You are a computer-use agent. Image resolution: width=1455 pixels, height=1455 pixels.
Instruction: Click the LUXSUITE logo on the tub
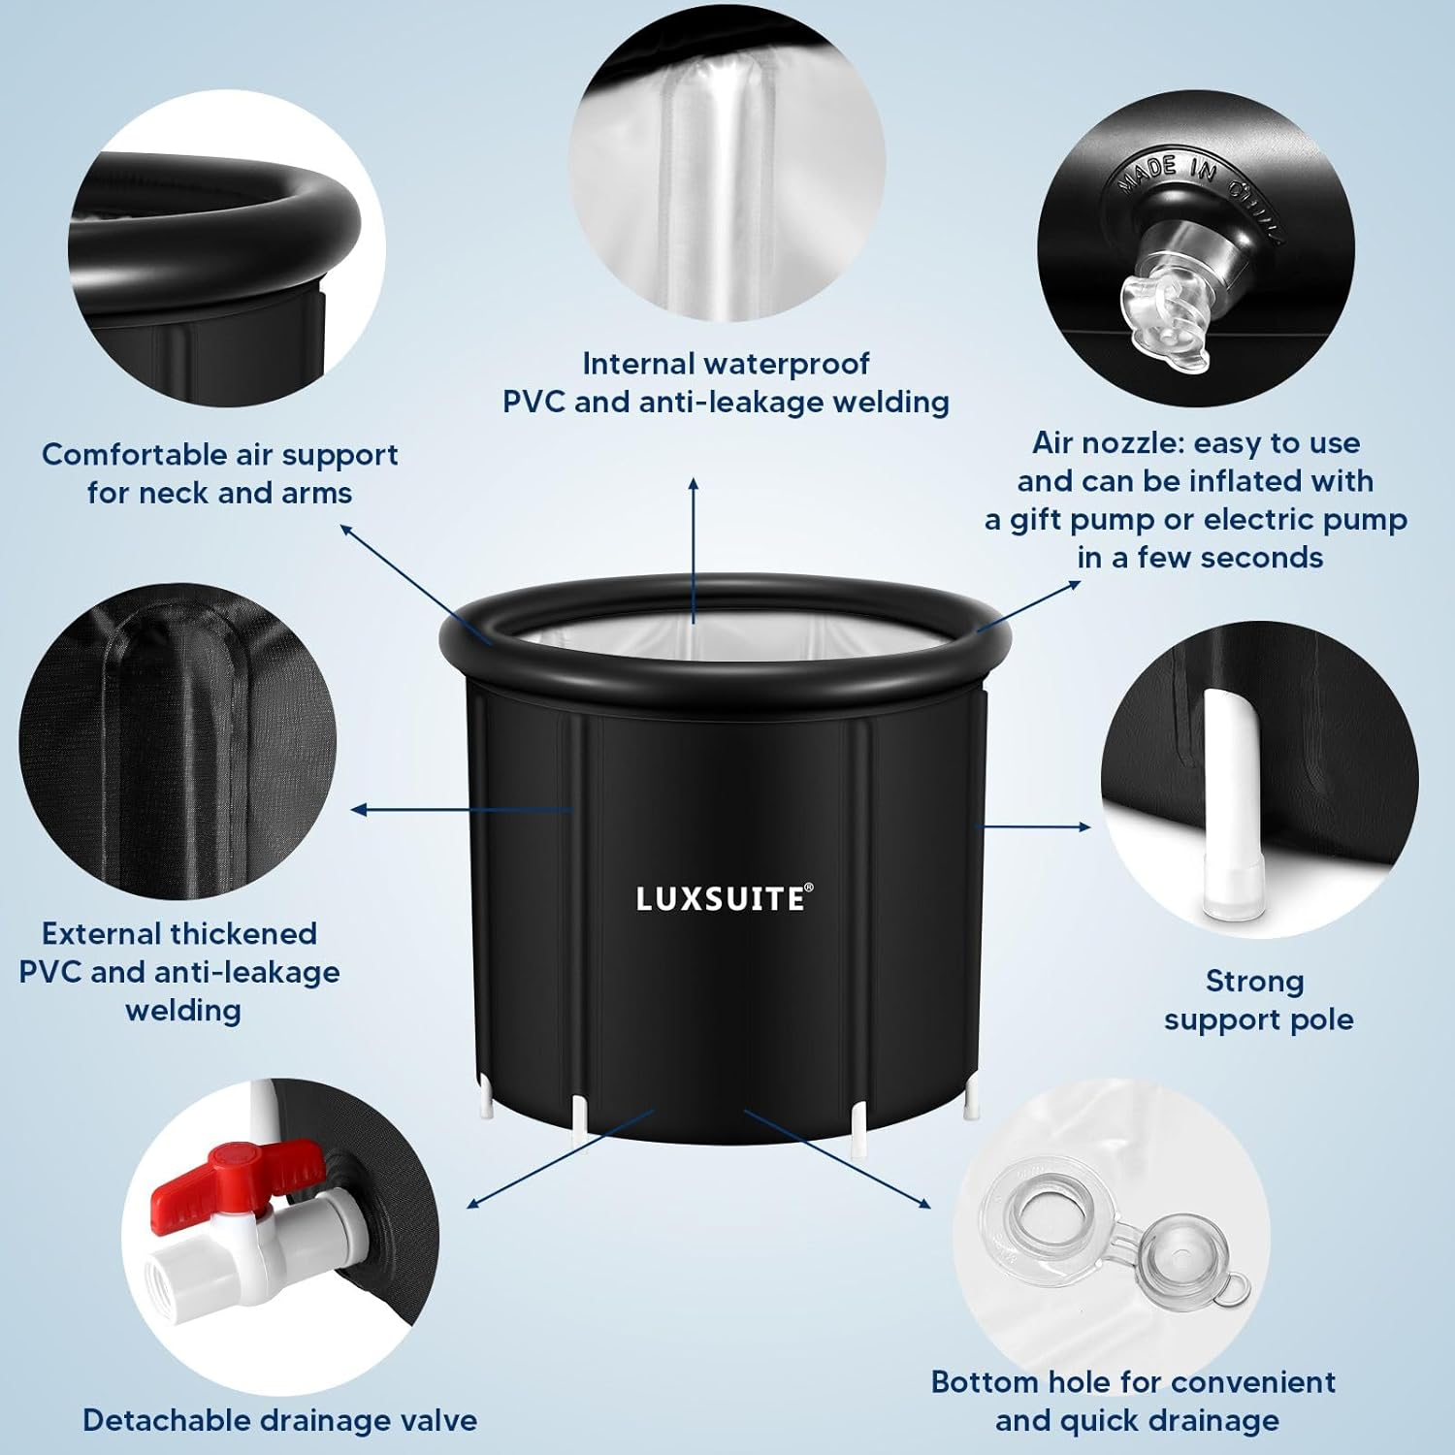point(724,898)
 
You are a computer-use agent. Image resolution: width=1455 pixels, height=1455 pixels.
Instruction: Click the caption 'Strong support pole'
point(1257,1000)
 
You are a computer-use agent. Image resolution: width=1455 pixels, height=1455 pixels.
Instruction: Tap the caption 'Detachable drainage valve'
point(279,1420)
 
